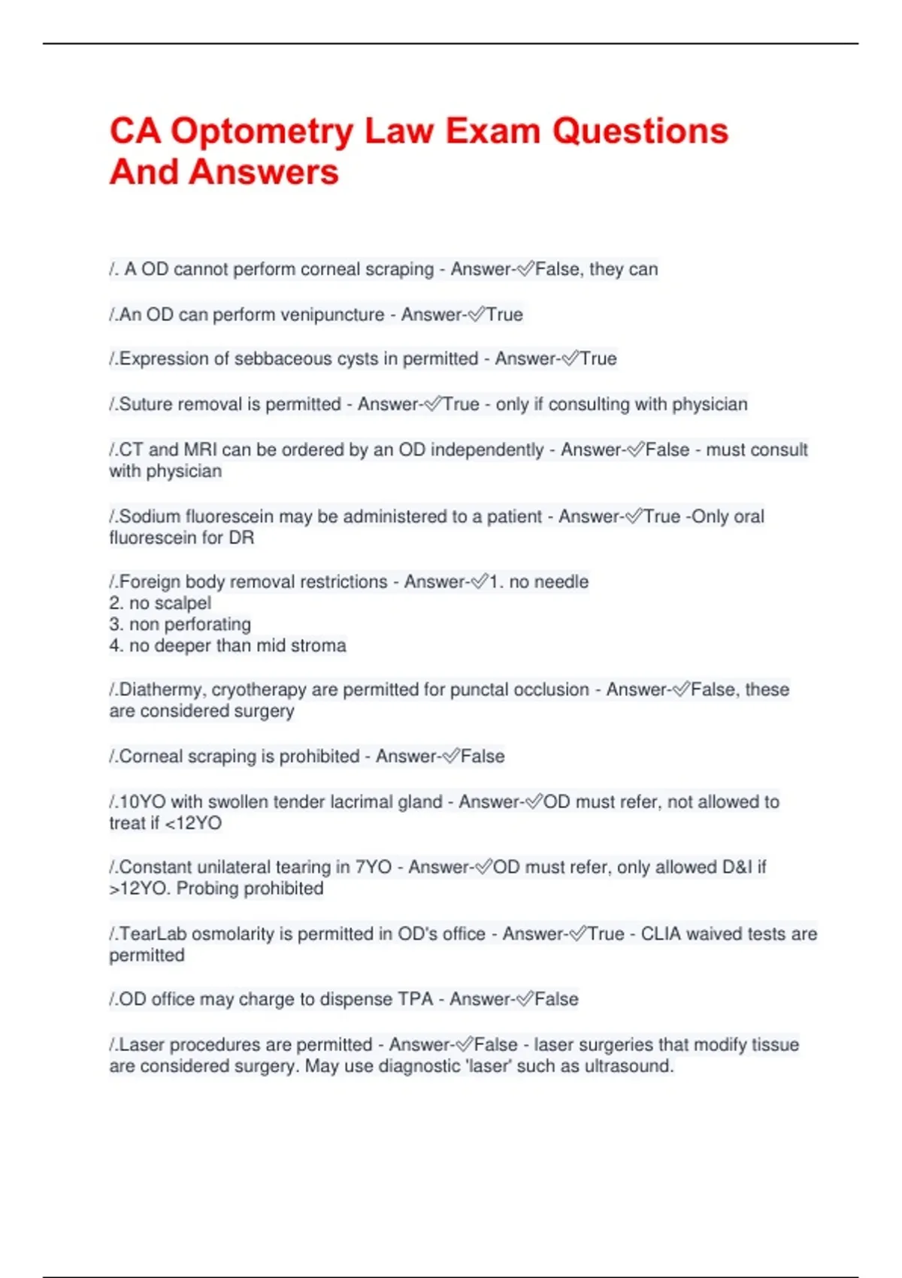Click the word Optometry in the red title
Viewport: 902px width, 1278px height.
262,132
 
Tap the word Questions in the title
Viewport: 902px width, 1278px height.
640,131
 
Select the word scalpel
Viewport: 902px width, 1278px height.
181,603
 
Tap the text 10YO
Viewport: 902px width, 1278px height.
142,801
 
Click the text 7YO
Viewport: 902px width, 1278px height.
373,867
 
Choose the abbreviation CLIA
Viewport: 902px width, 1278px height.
661,934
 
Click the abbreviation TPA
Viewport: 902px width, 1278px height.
415,999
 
